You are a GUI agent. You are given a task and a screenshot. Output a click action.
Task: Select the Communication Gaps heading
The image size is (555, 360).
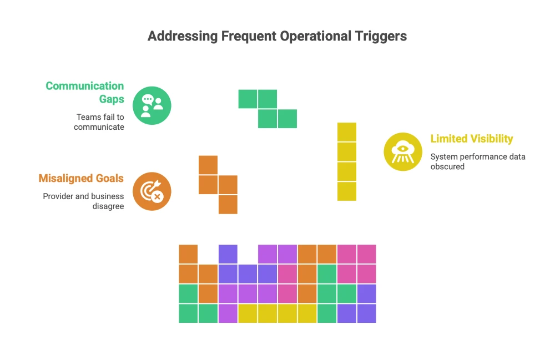coord(85,92)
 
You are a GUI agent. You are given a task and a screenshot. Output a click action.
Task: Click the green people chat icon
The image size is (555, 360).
coord(152,105)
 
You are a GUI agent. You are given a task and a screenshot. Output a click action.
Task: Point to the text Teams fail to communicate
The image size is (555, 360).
coord(100,121)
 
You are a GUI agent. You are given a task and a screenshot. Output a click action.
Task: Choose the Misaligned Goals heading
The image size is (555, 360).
coord(81,178)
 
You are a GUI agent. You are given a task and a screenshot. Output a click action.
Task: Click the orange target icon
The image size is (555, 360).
coord(152,191)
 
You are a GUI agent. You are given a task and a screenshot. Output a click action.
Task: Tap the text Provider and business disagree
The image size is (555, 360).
coord(83,201)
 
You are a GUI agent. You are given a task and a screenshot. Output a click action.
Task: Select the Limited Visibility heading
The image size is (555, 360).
coord(472,139)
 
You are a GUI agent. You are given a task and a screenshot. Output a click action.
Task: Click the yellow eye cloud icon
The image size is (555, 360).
coord(403,151)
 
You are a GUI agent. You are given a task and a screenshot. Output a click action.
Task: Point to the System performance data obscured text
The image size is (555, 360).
coord(477,161)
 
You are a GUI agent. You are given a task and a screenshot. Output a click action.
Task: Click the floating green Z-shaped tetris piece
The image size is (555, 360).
coord(268,109)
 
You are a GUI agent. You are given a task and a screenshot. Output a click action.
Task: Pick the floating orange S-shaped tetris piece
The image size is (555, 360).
coord(218,185)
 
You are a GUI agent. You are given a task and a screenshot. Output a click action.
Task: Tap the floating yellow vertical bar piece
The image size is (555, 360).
coord(347,161)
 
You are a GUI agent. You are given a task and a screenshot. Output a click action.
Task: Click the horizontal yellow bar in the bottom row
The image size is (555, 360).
coord(277,313)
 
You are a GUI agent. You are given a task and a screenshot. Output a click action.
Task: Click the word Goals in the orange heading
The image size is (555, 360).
coord(109,178)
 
